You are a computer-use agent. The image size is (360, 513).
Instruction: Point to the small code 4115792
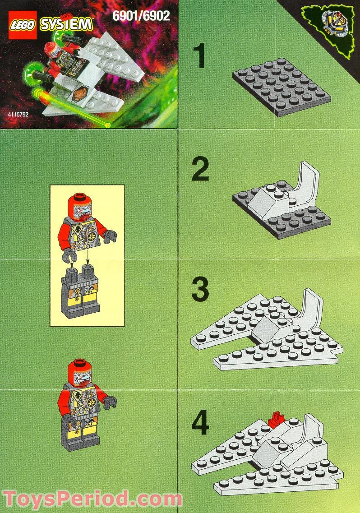18,115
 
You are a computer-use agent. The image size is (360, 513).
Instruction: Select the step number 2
200,170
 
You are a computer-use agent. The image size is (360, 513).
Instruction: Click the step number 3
200,290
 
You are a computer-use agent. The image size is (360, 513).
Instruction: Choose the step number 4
200,424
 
